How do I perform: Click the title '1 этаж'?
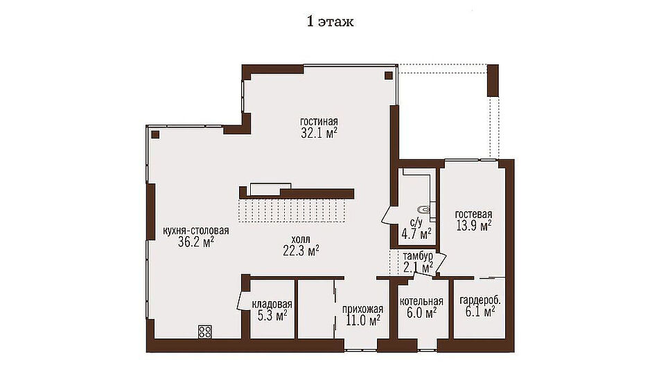coord(330,21)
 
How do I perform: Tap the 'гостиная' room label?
coord(319,121)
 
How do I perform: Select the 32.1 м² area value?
coord(319,133)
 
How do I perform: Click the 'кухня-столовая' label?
coord(196,231)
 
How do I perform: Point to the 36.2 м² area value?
coord(196,242)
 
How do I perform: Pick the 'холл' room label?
coord(301,240)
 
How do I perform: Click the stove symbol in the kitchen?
coord(205,332)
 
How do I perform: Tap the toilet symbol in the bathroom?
coord(423,208)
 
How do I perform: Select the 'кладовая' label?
coord(272,304)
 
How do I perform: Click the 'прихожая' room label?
coord(362,309)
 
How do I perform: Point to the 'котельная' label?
coord(421,301)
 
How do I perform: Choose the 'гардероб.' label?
coord(480,300)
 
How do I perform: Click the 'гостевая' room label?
coord(474,215)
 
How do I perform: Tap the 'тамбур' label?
coord(418,256)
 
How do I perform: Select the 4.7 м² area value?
coord(416,234)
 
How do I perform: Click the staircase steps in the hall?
coord(292,210)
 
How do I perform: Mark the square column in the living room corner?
coord(388,75)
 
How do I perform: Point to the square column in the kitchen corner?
coord(155,135)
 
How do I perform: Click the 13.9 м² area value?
coord(474,226)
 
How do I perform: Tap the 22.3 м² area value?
coord(301,251)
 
